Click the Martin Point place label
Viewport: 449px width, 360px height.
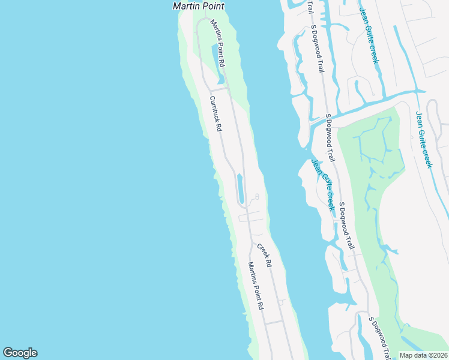(198, 6)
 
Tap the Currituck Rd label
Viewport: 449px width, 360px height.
(216, 114)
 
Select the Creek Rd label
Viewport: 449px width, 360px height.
(265, 256)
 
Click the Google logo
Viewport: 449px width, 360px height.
(20, 353)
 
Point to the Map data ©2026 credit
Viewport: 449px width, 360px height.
(424, 355)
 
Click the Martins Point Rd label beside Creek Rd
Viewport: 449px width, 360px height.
(256, 286)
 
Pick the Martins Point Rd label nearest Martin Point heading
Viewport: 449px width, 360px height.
(217, 43)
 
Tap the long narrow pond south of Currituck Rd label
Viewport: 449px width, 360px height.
(240, 188)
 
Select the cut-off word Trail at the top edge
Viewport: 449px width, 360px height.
(310, 7)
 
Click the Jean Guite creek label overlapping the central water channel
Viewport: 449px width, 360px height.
(322, 184)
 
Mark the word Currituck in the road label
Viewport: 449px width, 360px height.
(214, 110)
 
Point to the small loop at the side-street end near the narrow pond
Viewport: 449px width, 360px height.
(257, 196)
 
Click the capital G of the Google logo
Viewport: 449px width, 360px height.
(8, 353)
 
